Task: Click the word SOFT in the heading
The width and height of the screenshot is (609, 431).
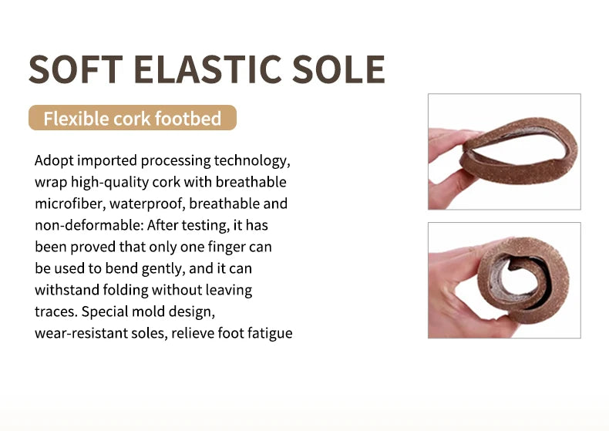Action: [x=76, y=69]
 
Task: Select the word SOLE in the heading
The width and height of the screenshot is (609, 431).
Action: [x=338, y=69]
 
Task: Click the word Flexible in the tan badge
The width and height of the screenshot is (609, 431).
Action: [x=76, y=118]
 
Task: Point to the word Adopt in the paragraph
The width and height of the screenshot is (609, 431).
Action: [x=54, y=160]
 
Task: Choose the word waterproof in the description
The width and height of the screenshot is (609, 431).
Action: [x=147, y=204]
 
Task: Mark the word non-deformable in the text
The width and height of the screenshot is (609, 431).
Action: [x=89, y=225]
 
